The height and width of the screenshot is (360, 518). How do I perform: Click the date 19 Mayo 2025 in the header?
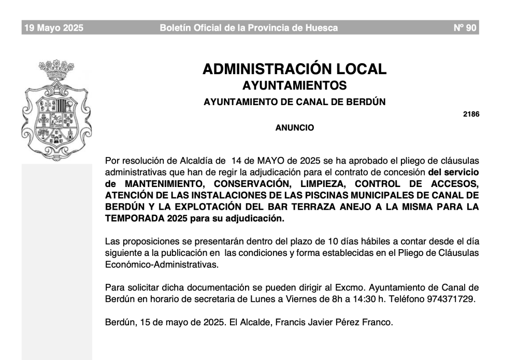coord(54,28)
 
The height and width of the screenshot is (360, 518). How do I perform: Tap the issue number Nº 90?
coord(465,28)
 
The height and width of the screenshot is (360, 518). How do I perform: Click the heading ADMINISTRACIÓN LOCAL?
coord(294,69)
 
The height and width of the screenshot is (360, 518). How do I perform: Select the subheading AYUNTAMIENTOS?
coord(294,85)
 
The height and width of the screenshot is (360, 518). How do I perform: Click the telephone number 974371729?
coord(451,299)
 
